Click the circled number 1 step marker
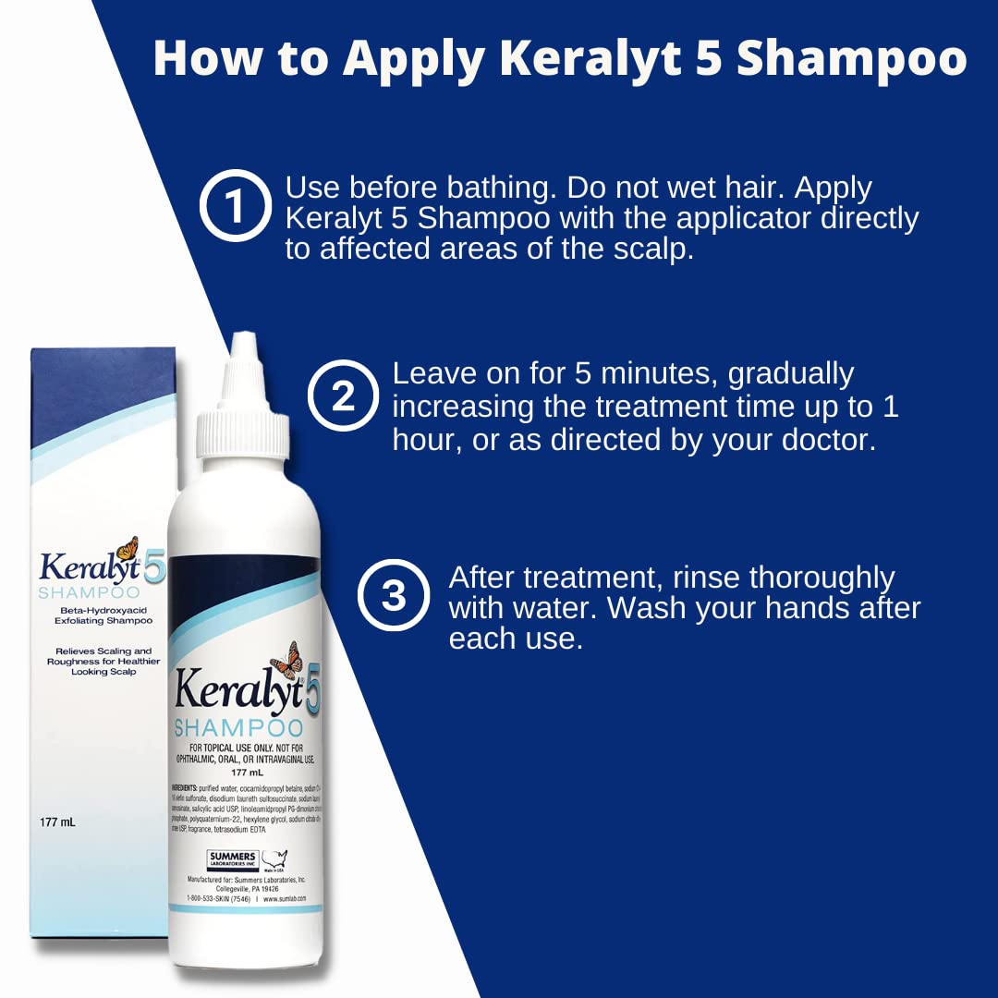click(235, 206)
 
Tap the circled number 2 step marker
click(343, 396)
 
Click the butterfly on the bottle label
click(286, 660)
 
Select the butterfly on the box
click(127, 548)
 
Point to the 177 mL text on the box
click(57, 821)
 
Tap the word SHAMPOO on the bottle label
click(238, 727)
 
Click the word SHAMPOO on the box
click(89, 592)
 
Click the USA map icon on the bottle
click(274, 858)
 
